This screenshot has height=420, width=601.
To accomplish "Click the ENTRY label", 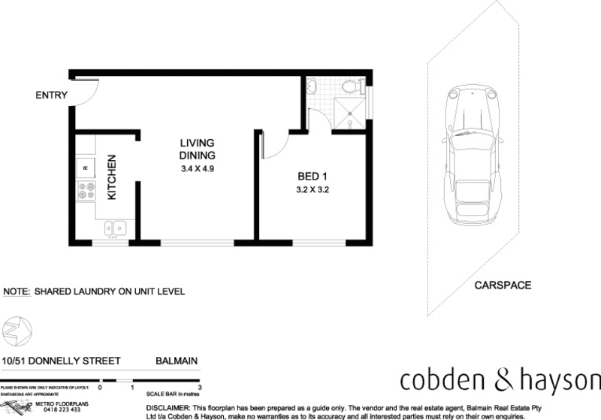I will click(51, 95).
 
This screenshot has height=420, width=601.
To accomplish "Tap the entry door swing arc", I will click(86, 92).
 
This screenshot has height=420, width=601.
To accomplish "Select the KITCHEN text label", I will click(112, 177).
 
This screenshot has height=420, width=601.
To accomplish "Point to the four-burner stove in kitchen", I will click(85, 190).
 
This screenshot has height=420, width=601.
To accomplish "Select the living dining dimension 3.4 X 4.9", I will click(198, 168).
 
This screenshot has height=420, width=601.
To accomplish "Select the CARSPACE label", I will click(503, 286).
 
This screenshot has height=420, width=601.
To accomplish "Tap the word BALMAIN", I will click(177, 361).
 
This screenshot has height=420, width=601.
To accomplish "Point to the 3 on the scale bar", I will click(199, 388).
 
